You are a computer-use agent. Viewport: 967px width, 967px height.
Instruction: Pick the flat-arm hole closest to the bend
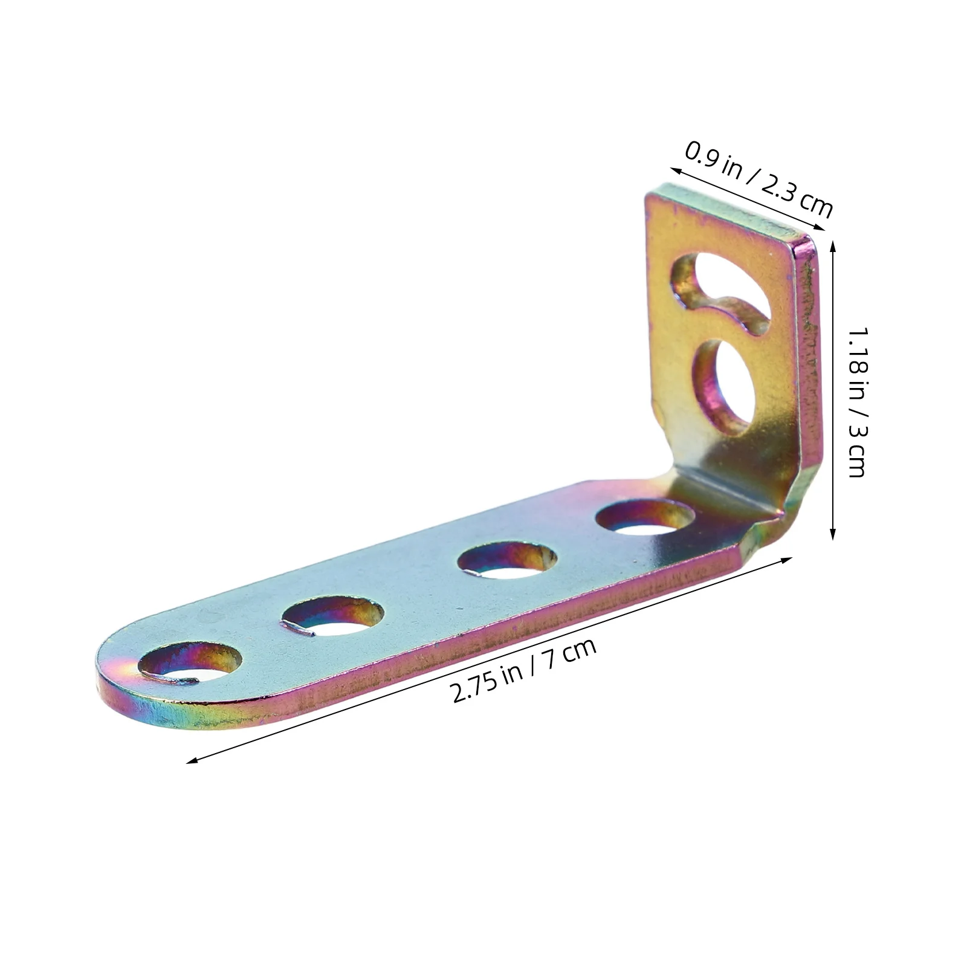pyautogui.click(x=645, y=519)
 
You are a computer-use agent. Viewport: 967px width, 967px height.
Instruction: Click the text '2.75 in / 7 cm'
pyautogui.click(x=523, y=671)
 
